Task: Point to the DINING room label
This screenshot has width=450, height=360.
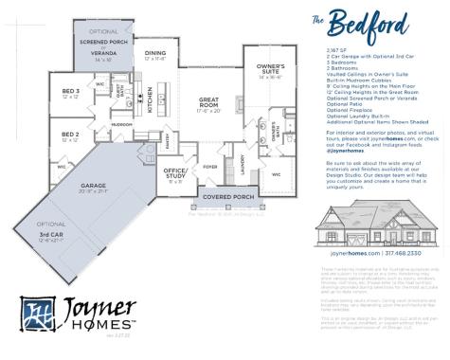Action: coord(155,53)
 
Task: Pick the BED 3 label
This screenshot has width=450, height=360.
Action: coord(69,91)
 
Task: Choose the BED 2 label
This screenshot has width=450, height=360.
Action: coord(69,135)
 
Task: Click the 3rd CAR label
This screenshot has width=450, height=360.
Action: coord(53,234)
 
